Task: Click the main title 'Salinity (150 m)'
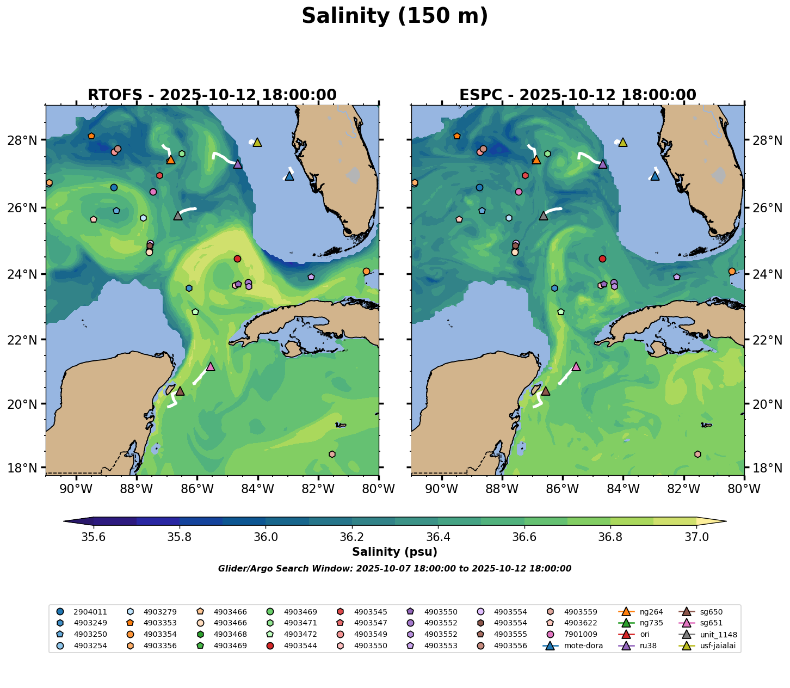point(395,16)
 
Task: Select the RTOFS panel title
point(212,95)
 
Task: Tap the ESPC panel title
point(578,95)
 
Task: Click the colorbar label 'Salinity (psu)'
point(394,552)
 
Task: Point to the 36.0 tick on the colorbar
point(266,537)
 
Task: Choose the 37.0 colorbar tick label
point(696,537)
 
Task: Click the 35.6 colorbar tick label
point(94,537)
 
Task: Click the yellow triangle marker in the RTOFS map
point(257,142)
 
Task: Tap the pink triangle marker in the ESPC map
point(576,366)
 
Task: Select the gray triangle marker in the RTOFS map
point(178,216)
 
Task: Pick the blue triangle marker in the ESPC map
point(655,176)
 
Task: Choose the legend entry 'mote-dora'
point(577,646)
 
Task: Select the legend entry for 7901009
point(569,635)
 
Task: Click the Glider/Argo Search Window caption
point(394,569)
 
